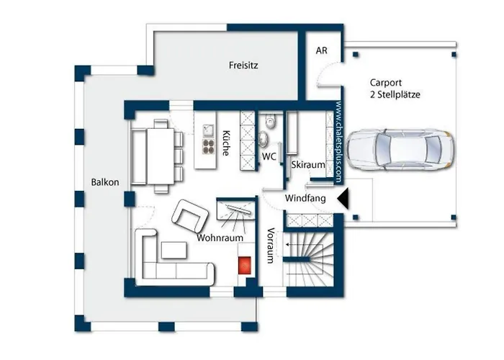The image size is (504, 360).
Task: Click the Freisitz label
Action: [243, 66]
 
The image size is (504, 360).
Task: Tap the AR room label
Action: [321, 50]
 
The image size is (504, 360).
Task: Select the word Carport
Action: [386, 83]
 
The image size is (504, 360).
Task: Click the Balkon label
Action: [105, 182]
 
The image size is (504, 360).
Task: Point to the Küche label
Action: [226, 143]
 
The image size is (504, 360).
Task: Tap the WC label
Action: [269, 156]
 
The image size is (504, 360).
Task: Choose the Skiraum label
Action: [308, 165]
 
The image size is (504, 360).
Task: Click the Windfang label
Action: [305, 198]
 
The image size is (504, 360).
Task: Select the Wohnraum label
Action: [220, 238]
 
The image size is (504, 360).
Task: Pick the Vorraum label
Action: [271, 246]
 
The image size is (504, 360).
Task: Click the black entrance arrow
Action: [343, 199]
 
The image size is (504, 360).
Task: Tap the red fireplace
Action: [245, 265]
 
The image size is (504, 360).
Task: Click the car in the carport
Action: [401, 150]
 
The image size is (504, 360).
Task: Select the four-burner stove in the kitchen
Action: [208, 147]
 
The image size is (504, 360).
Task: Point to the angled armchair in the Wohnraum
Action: [190, 216]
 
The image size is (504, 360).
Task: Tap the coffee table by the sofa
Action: [174, 251]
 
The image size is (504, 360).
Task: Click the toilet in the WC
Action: [271, 122]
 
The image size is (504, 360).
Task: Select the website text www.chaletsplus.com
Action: [339, 142]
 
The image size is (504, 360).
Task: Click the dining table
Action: [161, 156]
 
